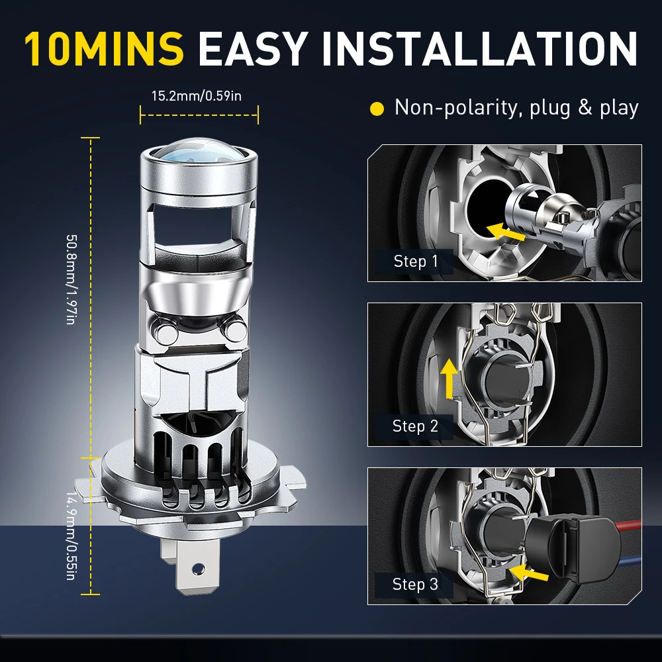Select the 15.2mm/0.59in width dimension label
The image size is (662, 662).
click(197, 96)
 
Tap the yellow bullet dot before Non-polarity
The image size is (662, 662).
click(377, 109)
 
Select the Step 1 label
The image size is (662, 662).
click(415, 261)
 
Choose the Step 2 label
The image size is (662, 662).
click(415, 426)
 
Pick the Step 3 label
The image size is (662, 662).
click(415, 584)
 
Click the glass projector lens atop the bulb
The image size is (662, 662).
click(199, 156)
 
